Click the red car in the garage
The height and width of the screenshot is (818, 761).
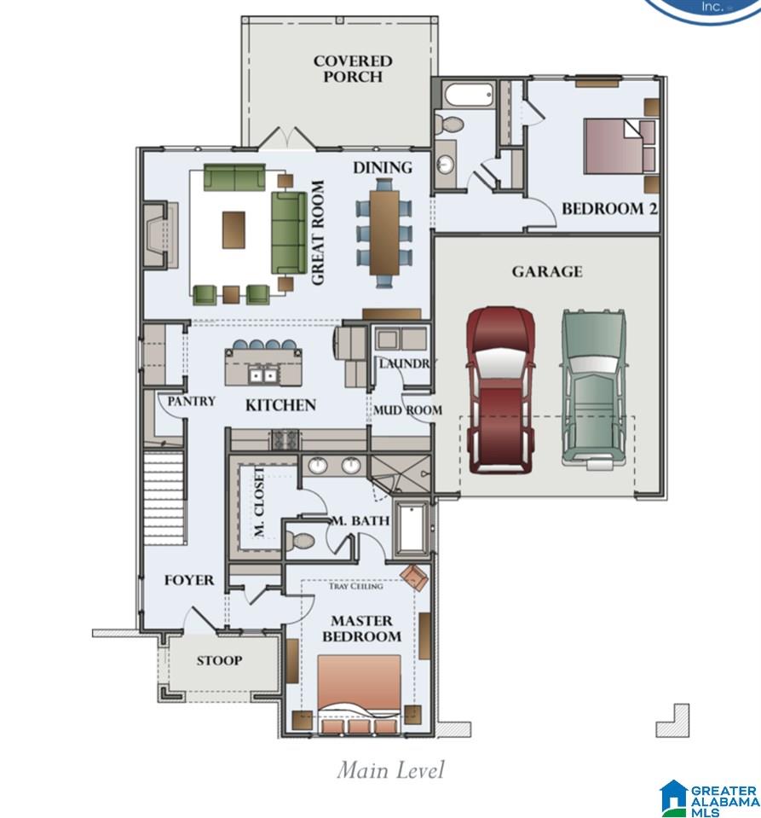point(502,388)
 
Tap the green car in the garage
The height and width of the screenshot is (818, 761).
point(593,388)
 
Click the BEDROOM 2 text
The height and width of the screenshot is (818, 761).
point(608,208)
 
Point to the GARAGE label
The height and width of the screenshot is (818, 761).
point(547,271)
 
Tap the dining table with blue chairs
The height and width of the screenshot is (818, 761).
point(383,231)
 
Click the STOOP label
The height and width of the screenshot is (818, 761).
point(219,660)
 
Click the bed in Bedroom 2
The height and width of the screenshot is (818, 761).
point(615,145)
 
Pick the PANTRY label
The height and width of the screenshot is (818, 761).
point(191,401)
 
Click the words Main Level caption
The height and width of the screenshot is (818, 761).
point(390,770)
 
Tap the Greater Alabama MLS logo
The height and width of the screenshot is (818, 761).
point(710,797)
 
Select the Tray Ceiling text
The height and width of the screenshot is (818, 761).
point(355,586)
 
